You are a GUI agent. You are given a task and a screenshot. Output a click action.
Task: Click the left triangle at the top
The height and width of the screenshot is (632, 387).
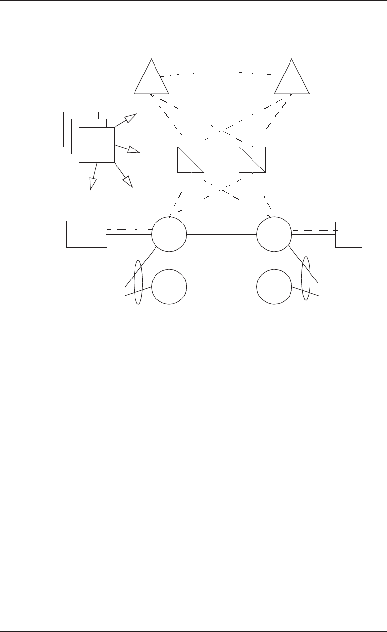click(x=151, y=80)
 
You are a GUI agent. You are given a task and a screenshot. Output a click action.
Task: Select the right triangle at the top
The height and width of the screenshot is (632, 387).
click(x=291, y=80)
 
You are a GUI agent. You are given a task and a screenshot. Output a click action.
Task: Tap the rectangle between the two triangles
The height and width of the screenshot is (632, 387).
click(x=221, y=72)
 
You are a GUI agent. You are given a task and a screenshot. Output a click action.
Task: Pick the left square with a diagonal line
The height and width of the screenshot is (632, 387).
click(x=191, y=160)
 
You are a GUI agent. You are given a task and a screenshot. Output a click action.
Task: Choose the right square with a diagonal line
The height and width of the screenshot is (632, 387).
click(x=252, y=160)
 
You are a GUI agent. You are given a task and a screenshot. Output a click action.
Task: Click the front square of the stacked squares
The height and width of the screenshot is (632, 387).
click(x=97, y=145)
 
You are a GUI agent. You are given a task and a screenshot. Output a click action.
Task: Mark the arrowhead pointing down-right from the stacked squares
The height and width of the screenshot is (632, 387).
click(x=128, y=181)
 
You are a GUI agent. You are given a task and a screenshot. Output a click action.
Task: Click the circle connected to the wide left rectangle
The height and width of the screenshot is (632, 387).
click(x=169, y=234)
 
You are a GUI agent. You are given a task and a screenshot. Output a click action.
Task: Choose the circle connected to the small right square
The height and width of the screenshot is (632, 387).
click(x=274, y=234)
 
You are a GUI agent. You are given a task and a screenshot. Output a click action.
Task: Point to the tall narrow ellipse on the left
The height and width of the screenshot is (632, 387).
click(x=138, y=282)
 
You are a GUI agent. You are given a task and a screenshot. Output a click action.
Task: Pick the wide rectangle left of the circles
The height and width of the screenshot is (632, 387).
click(x=86, y=234)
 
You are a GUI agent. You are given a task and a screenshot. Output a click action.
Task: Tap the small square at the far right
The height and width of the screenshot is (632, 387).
click(x=349, y=234)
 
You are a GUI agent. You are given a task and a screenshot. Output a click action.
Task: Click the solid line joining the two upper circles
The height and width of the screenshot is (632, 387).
click(x=221, y=235)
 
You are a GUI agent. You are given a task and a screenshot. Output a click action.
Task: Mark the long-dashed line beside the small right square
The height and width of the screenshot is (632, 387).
click(x=314, y=230)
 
